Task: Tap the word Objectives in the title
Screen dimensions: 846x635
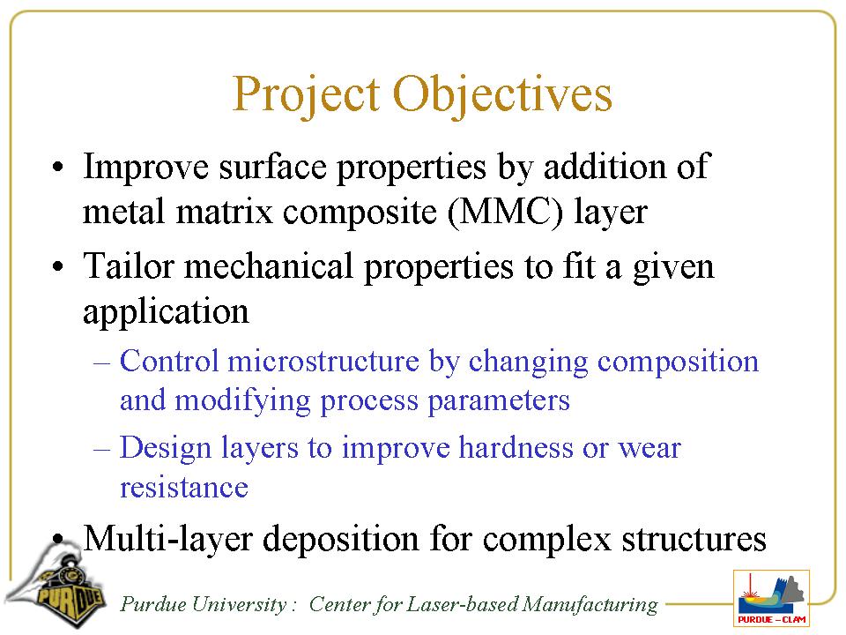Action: point(503,95)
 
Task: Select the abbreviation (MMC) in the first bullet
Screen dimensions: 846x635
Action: point(506,211)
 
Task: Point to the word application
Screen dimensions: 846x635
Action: point(166,312)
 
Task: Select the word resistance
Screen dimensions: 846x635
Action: point(184,487)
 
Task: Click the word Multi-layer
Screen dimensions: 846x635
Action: point(167,539)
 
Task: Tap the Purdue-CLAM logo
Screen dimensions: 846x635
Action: point(772,598)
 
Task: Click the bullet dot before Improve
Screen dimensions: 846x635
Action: point(58,167)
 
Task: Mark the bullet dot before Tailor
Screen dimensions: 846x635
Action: point(58,266)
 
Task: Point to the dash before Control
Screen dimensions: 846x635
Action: point(101,362)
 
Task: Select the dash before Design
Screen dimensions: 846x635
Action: point(101,449)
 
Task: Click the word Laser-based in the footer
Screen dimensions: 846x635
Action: point(462,603)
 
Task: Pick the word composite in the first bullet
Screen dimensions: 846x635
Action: point(360,211)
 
